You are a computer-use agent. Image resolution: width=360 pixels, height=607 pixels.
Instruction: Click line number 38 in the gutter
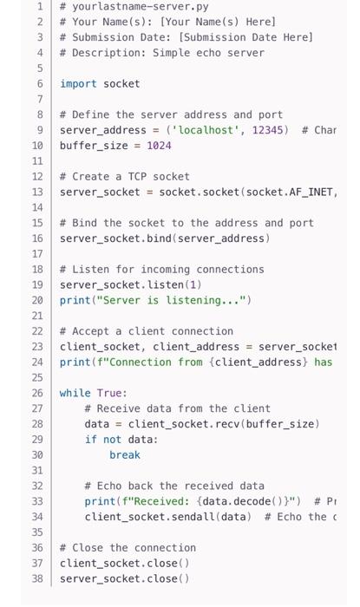click(x=37, y=578)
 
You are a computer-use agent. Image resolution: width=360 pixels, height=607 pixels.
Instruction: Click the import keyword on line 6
click(x=78, y=83)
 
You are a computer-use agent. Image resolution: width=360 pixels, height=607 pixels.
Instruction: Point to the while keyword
click(x=75, y=393)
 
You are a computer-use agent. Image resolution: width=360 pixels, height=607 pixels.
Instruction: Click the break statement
click(x=124, y=454)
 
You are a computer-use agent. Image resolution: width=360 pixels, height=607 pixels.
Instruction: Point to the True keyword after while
click(x=112, y=393)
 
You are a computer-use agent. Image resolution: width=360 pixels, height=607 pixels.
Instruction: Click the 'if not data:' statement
click(x=121, y=440)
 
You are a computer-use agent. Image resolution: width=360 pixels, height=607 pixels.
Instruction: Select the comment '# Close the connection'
click(x=128, y=547)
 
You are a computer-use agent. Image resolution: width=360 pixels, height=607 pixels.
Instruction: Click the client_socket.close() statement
click(x=124, y=563)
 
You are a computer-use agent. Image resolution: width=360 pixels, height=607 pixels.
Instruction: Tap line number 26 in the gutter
click(x=37, y=393)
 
